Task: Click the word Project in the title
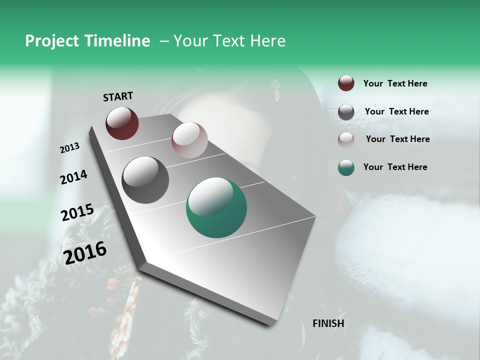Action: [52, 41]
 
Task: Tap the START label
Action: [118, 96]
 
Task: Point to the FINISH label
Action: [328, 323]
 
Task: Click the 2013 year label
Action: [69, 148]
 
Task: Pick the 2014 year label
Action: [73, 177]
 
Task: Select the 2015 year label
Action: [77, 212]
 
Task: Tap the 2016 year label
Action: [85, 252]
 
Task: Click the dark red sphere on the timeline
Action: [122, 123]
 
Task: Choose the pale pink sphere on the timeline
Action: [189, 139]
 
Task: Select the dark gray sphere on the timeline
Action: [145, 179]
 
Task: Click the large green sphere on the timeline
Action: [216, 207]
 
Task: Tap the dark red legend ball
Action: [346, 83]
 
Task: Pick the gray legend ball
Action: [346, 112]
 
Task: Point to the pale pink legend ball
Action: [346, 140]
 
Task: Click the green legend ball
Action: [346, 167]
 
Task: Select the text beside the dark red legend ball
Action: [395, 84]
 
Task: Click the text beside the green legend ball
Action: [395, 167]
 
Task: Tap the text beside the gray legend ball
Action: [396, 111]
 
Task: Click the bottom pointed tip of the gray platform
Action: [270, 325]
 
